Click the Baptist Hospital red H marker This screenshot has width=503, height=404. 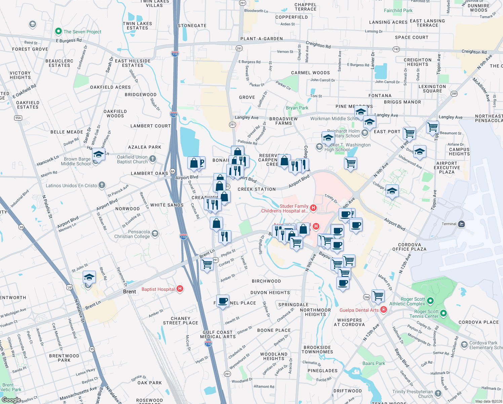click(180, 289)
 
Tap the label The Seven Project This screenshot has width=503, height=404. click(82, 32)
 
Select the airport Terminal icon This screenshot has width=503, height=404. click(461, 224)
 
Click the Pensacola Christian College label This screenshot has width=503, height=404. click(132, 234)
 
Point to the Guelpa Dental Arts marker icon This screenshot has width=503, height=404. click(383, 310)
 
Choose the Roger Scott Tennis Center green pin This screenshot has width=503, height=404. click(443, 313)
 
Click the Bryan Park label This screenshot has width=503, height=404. click(297, 108)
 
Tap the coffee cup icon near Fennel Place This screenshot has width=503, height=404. click(223, 300)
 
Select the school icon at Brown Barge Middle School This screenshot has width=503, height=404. click(99, 155)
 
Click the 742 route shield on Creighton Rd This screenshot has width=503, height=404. click(396, 49)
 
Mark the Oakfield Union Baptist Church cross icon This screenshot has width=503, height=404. click(153, 159)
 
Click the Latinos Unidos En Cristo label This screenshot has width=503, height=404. click(71, 186)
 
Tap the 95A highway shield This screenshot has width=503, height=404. click(18, 118)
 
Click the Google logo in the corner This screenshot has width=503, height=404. click(11, 400)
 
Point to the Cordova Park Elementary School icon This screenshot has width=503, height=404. click(464, 345)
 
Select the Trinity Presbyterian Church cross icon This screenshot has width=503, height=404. click(438, 393)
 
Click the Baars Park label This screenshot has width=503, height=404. click(374, 363)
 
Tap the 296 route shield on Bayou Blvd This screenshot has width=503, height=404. click(366, 297)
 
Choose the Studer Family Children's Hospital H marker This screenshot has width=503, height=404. click(313, 208)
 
